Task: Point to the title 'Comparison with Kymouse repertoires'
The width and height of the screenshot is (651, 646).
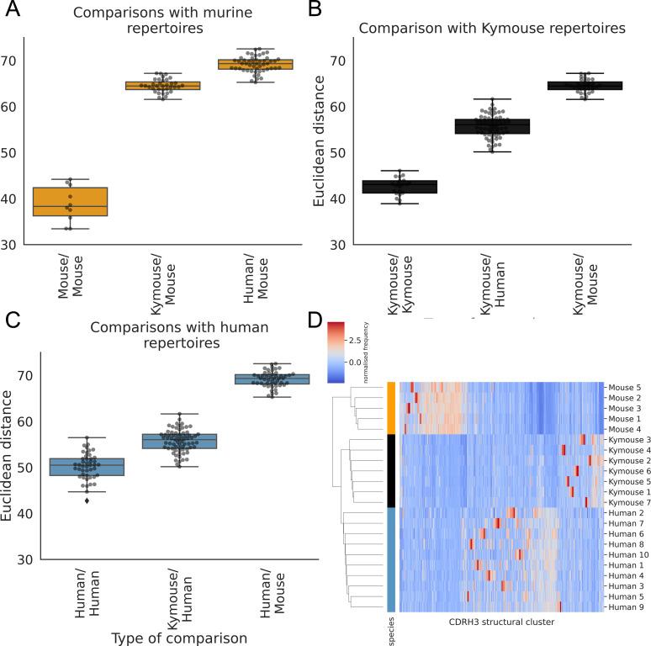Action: coord(492,28)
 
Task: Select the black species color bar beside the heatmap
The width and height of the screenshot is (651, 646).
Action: coord(391,470)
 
